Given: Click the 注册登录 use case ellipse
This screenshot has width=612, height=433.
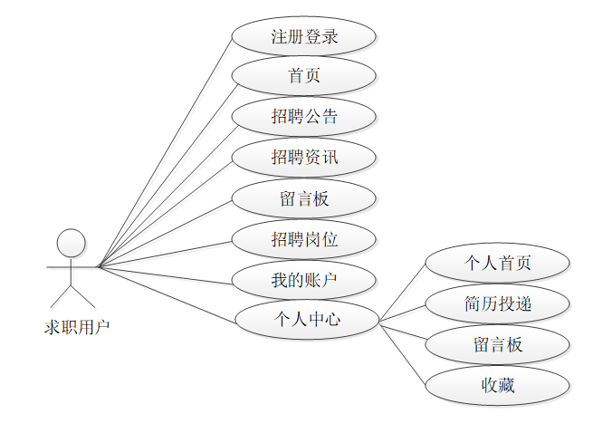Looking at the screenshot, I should coord(303,37).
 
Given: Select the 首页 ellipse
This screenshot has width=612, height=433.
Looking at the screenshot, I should coord(303,77).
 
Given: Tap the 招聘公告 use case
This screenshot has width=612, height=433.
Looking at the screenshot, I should coord(303,117).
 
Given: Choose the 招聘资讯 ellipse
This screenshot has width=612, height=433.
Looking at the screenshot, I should coord(303,158).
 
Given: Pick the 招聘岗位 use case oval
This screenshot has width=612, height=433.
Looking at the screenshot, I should coord(303,240).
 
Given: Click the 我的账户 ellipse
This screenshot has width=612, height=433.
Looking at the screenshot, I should coord(303,281).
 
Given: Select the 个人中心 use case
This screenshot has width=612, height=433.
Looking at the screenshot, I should coord(307,320).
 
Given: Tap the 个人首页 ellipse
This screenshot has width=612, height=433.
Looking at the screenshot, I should coord(497,264).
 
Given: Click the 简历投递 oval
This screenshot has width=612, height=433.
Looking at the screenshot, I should coord(497,304).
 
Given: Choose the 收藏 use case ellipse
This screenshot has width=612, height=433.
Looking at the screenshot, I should coord(497,385).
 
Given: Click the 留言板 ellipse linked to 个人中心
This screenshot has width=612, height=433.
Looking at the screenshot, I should coord(497,345).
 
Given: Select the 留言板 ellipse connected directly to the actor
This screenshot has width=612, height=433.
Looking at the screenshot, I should coord(303,199).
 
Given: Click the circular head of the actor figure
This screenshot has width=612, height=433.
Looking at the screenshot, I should coord(72,243).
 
